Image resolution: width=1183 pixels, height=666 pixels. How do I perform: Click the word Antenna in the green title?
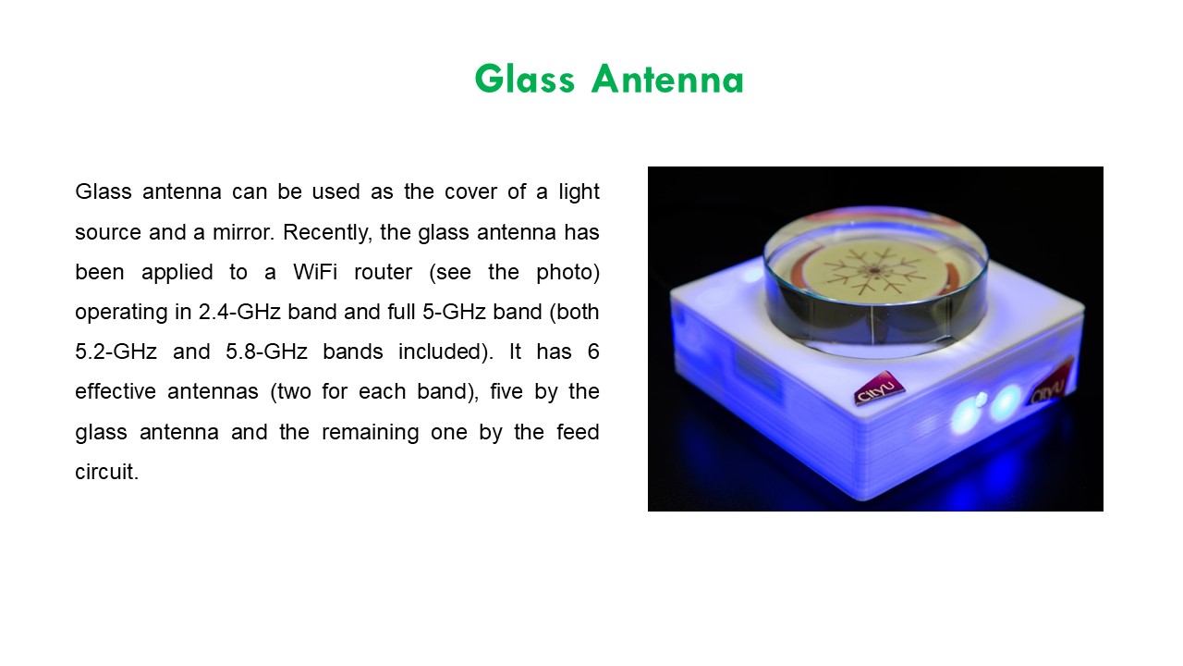(x=667, y=80)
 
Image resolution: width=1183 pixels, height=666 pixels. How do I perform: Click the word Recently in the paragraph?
(x=324, y=232)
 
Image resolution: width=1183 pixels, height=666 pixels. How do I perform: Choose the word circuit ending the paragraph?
(x=106, y=472)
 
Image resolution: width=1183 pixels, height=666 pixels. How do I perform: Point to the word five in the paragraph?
(x=483, y=391)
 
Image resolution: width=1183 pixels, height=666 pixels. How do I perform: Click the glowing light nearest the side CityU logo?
(x=1005, y=401)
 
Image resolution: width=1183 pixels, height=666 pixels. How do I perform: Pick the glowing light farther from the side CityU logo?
(x=966, y=415)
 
